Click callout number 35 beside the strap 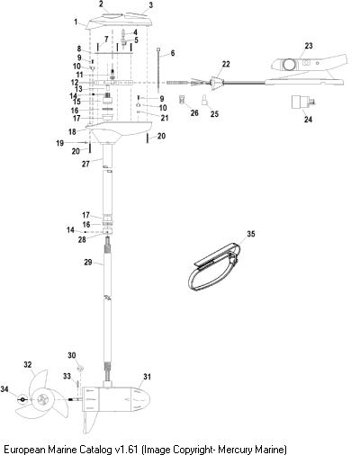point(251,234)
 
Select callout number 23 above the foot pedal point(309,46)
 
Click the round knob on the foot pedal point(289,64)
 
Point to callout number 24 point(308,120)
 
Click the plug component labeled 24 point(302,102)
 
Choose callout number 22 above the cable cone point(226,64)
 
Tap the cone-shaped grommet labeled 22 point(217,83)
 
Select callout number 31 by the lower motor point(147,377)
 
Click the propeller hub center point(42,399)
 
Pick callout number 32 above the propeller point(28,365)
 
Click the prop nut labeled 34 point(22,399)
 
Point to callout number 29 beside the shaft point(88,263)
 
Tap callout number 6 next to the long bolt point(173,53)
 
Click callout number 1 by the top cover point(76,22)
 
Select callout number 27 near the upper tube point(85,164)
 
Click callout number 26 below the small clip point(194,112)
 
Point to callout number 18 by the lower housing point(72,131)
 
